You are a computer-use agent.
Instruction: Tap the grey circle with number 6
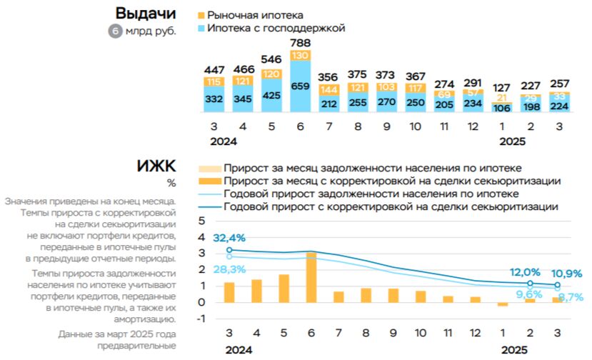tap(115, 31)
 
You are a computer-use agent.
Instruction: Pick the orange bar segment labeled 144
tap(328, 90)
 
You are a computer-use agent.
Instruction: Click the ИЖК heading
tap(157, 166)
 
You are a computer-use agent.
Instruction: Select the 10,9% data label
tap(568, 273)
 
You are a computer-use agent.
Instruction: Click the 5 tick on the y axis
tap(201, 220)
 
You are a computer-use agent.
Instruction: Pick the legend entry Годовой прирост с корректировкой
tap(389, 207)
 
